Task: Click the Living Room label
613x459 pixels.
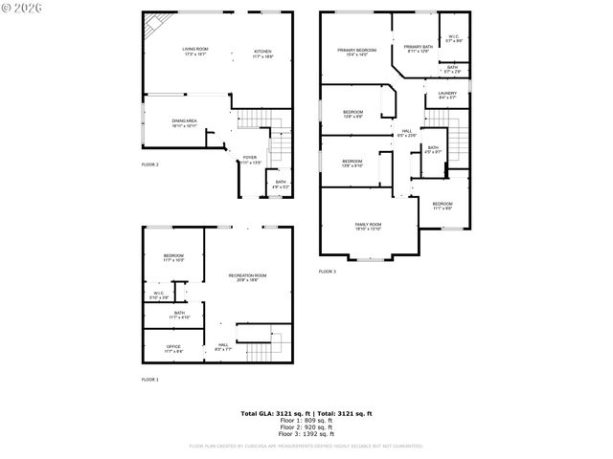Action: point(195,50)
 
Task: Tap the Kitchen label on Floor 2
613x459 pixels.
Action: point(262,52)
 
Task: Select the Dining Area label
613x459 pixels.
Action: point(185,121)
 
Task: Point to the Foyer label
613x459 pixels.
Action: point(249,158)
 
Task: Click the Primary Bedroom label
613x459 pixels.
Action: point(356,50)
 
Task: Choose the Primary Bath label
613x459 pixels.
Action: point(418,47)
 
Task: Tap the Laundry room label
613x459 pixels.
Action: point(447,94)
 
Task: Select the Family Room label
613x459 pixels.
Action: point(369,225)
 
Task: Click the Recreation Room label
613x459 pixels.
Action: point(247,275)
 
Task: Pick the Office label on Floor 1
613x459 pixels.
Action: point(173,348)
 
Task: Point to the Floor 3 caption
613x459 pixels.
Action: point(328,272)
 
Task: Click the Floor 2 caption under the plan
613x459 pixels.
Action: point(150,164)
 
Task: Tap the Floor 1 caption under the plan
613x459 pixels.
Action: point(150,380)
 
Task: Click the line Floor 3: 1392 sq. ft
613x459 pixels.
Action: point(306,433)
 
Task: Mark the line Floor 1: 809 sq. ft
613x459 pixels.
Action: point(306,420)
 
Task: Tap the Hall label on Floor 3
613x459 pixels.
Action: point(407,130)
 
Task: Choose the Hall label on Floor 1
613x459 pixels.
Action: point(223,345)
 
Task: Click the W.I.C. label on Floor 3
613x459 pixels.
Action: point(453,38)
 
